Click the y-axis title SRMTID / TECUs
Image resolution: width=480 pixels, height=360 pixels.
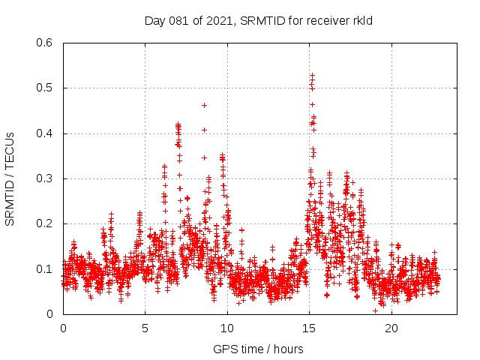(x=10, y=178)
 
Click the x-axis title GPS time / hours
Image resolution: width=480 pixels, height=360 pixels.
(x=258, y=349)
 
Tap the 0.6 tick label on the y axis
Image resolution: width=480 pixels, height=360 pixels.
(x=46, y=43)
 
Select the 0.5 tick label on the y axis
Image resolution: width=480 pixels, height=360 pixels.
(x=46, y=88)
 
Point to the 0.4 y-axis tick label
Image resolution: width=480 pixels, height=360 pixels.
(x=46, y=133)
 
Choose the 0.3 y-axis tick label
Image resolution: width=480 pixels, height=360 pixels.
(x=46, y=178)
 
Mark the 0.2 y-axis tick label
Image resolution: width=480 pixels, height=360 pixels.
(x=46, y=223)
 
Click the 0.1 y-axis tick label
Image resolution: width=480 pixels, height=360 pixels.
(x=46, y=269)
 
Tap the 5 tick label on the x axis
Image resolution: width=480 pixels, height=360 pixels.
(x=145, y=328)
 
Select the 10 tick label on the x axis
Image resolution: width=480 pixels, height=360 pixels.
(x=227, y=328)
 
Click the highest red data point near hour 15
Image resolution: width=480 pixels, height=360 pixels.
(x=312, y=75)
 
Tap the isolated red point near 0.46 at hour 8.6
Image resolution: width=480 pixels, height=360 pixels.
(x=204, y=105)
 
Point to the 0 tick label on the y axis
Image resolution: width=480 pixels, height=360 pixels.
(x=50, y=314)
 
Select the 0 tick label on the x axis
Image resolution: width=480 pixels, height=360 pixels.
(x=63, y=328)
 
